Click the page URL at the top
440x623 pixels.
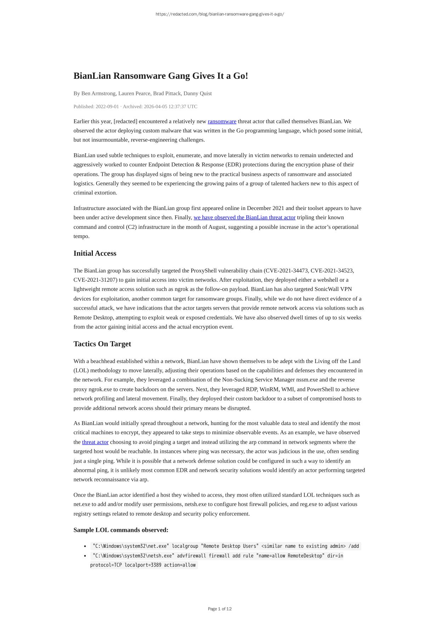point(220,14)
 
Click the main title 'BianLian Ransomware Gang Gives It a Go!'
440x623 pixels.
point(160,76)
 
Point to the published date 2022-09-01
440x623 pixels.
point(107,106)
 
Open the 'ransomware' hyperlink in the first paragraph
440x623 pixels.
point(222,121)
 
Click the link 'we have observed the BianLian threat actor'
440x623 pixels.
point(244,217)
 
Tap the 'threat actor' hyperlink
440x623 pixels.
point(95,442)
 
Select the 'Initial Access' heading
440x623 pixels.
point(95,253)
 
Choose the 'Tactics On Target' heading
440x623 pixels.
point(102,344)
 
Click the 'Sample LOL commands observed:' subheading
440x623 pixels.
point(121,530)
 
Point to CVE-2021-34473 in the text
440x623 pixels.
point(286,271)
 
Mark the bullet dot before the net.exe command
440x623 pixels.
point(85,546)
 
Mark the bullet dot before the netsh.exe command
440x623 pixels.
point(85,556)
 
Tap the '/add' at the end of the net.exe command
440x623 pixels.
point(354,546)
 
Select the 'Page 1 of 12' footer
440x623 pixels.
point(220,609)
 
